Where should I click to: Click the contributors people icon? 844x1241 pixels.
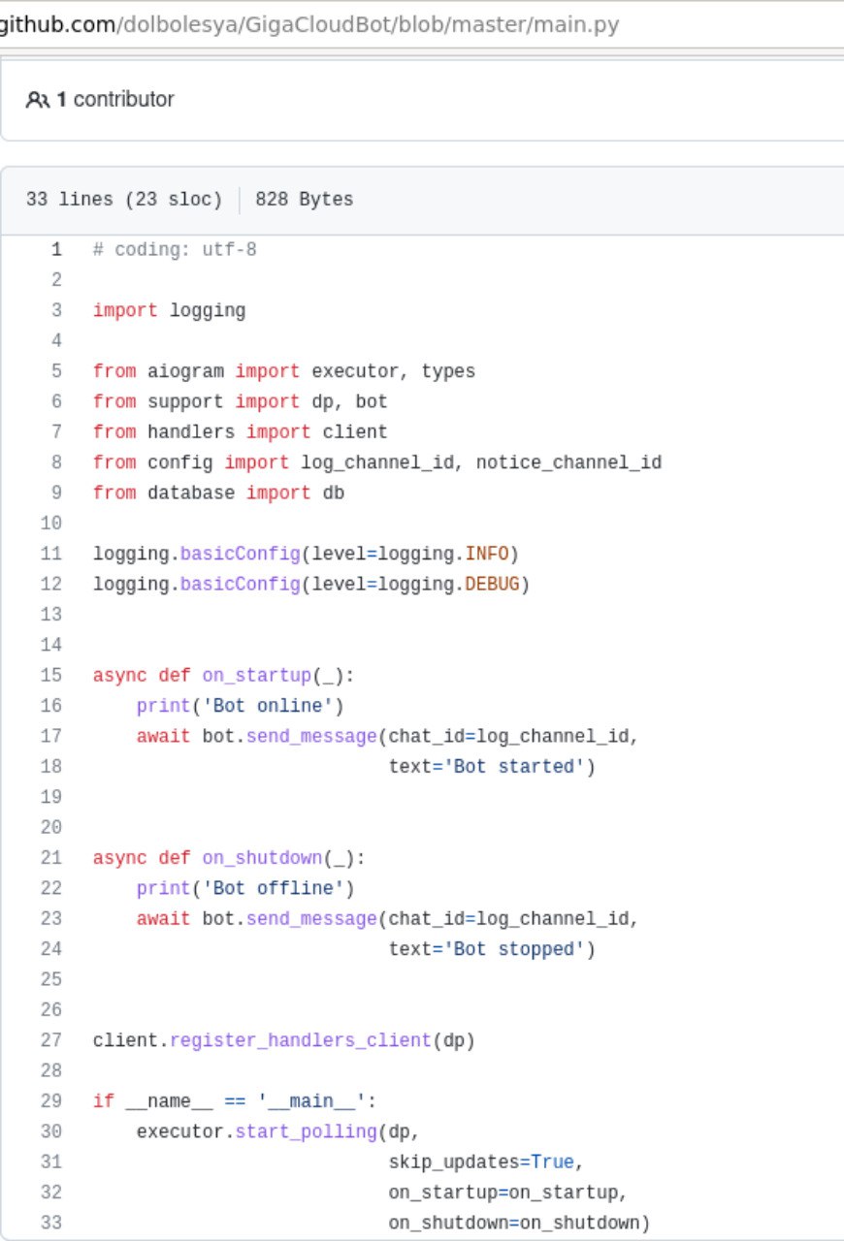(x=37, y=100)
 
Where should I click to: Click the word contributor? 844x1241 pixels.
(x=123, y=100)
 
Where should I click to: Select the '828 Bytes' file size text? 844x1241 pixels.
(x=304, y=200)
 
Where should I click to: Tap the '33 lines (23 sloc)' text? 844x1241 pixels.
(x=124, y=200)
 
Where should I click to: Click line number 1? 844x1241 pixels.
(x=56, y=250)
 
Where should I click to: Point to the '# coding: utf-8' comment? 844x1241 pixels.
(x=175, y=250)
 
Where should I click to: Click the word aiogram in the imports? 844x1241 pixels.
(x=185, y=371)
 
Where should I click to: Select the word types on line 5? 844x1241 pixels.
(x=448, y=371)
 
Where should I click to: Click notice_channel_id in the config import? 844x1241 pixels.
(x=568, y=462)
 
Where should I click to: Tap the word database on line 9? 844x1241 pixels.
(x=191, y=493)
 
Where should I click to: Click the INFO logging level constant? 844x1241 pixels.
(x=486, y=554)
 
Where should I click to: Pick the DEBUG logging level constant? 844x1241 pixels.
(x=492, y=585)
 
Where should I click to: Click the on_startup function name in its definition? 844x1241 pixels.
(x=257, y=676)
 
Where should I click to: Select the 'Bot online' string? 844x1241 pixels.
(x=268, y=707)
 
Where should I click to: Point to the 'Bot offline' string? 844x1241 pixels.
(x=274, y=889)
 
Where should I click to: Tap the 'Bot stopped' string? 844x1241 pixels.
(x=514, y=949)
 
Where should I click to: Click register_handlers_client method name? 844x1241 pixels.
(x=301, y=1041)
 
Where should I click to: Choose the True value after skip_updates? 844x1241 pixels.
(x=552, y=1162)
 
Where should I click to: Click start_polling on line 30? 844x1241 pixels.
(x=307, y=1131)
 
